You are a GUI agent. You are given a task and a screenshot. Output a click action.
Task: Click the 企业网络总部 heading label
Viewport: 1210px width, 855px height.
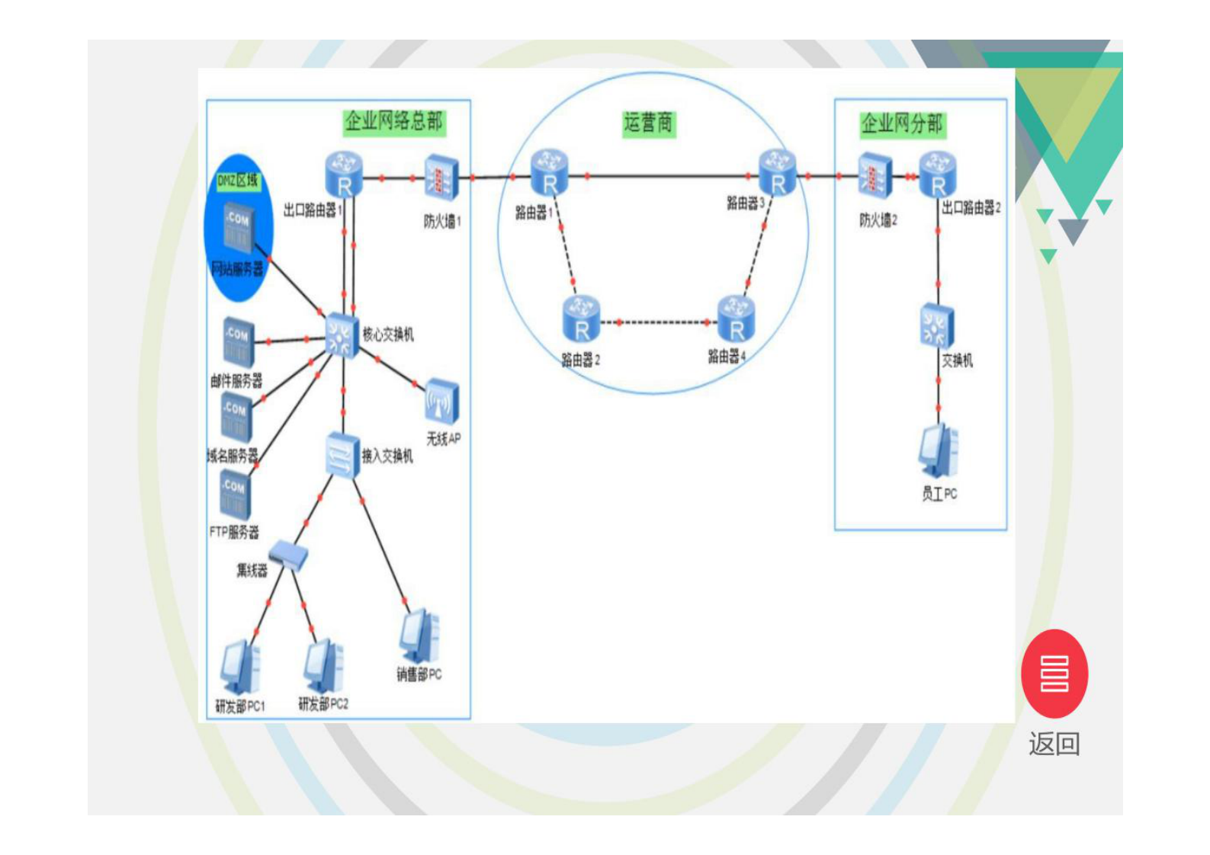click(393, 121)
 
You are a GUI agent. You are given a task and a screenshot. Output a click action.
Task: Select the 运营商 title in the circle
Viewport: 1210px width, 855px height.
click(649, 123)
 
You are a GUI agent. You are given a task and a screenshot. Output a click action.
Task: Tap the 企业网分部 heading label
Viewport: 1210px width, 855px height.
click(902, 123)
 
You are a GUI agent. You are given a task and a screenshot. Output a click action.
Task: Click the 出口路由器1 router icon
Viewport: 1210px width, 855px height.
click(343, 175)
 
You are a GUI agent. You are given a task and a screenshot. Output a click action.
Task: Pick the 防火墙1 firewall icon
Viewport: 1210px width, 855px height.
click(441, 178)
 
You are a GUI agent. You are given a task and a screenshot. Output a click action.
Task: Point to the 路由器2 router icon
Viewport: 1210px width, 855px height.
click(581, 319)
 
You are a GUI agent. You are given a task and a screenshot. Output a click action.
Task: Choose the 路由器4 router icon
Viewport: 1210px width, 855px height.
click(736, 319)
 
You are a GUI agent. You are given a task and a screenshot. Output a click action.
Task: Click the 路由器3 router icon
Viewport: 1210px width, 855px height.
click(777, 173)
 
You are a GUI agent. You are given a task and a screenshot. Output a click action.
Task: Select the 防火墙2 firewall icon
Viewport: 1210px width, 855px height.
click(874, 176)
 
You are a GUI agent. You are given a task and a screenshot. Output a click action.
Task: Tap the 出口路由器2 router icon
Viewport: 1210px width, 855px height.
click(938, 175)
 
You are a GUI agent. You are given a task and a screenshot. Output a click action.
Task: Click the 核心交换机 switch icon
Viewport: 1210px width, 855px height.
click(340, 335)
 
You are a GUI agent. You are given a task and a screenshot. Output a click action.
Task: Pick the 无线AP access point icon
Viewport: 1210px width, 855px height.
click(442, 401)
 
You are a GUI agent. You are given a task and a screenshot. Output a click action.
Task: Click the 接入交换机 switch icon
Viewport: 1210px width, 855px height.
click(342, 456)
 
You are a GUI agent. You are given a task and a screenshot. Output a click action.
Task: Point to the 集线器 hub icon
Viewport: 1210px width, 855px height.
click(289, 556)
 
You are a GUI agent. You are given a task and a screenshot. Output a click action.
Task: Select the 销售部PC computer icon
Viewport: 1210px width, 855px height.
click(419, 636)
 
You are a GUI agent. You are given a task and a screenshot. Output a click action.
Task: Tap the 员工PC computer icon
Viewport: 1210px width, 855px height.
click(939, 453)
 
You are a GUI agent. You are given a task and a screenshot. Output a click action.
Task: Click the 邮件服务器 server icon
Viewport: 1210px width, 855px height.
click(238, 341)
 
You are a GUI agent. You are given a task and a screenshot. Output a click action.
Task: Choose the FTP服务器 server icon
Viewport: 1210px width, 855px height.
click(234, 494)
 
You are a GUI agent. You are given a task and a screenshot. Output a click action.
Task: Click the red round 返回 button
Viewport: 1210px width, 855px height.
click(1054, 674)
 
